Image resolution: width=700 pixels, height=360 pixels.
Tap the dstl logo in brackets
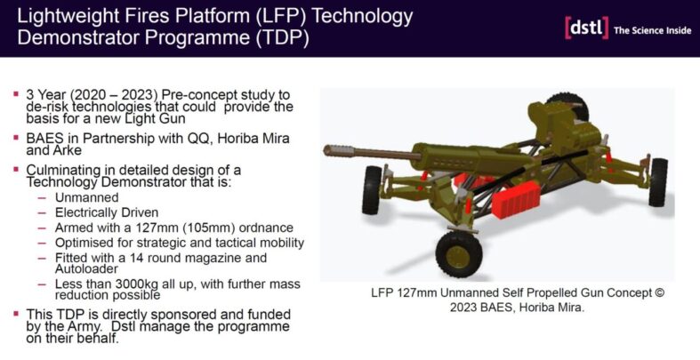(x=585, y=28)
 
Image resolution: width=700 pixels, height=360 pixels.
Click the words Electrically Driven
(x=108, y=212)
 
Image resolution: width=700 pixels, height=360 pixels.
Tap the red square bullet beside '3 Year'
(x=16, y=94)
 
